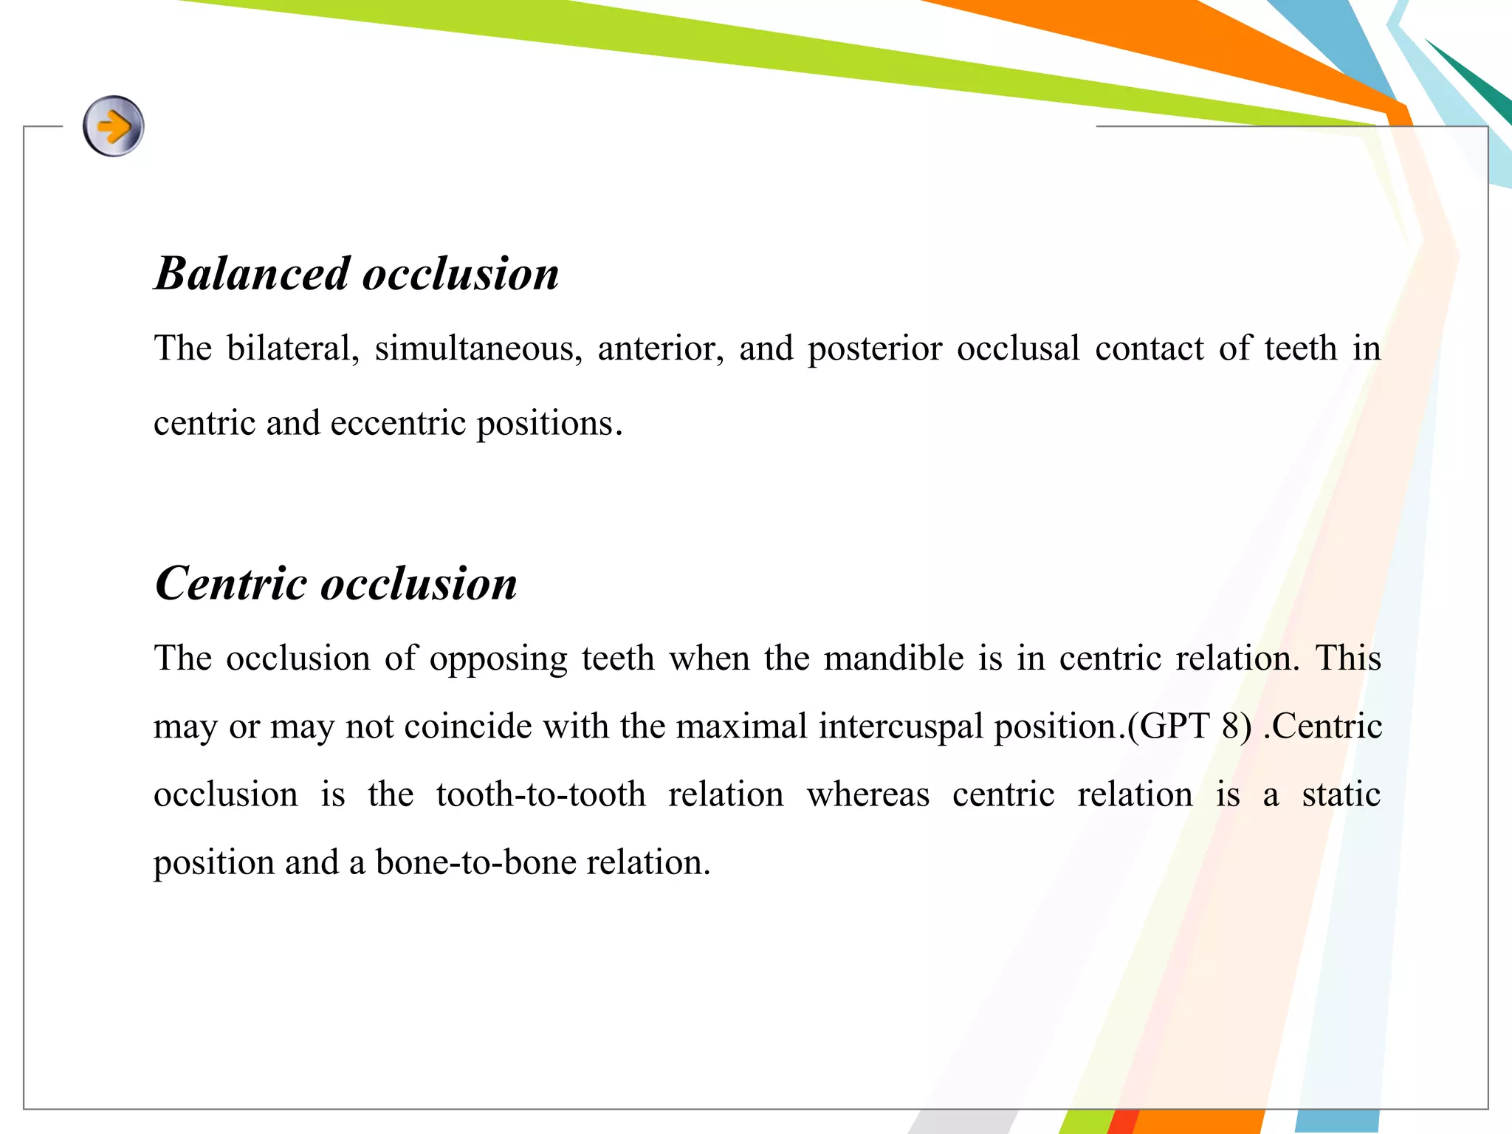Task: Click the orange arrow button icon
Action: (x=113, y=126)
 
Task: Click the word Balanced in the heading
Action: (x=252, y=274)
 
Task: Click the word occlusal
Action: (x=1018, y=348)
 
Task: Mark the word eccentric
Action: (x=399, y=424)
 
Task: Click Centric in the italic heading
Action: (x=230, y=584)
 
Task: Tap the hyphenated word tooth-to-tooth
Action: (x=540, y=795)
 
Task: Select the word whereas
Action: (x=867, y=795)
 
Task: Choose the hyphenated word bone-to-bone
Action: (x=475, y=862)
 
